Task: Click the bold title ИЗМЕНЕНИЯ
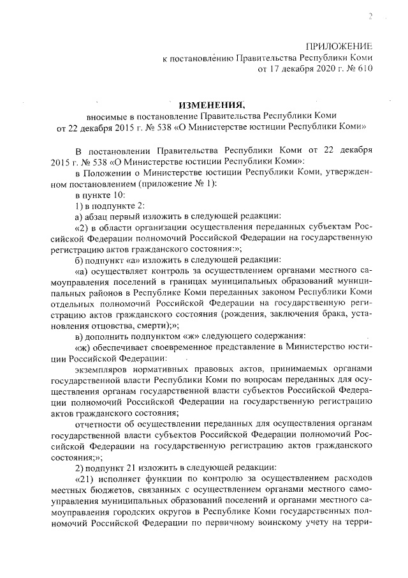pos(210,104)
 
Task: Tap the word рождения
pos(259,313)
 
